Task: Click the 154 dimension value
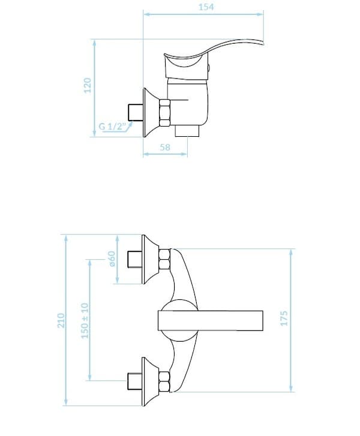206,7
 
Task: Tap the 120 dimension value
88,86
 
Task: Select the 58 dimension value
165,147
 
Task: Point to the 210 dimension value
61,320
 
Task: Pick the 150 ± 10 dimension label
85,321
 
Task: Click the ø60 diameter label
112,258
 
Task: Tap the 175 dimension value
284,318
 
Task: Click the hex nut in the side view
164,112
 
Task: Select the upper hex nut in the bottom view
164,259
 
